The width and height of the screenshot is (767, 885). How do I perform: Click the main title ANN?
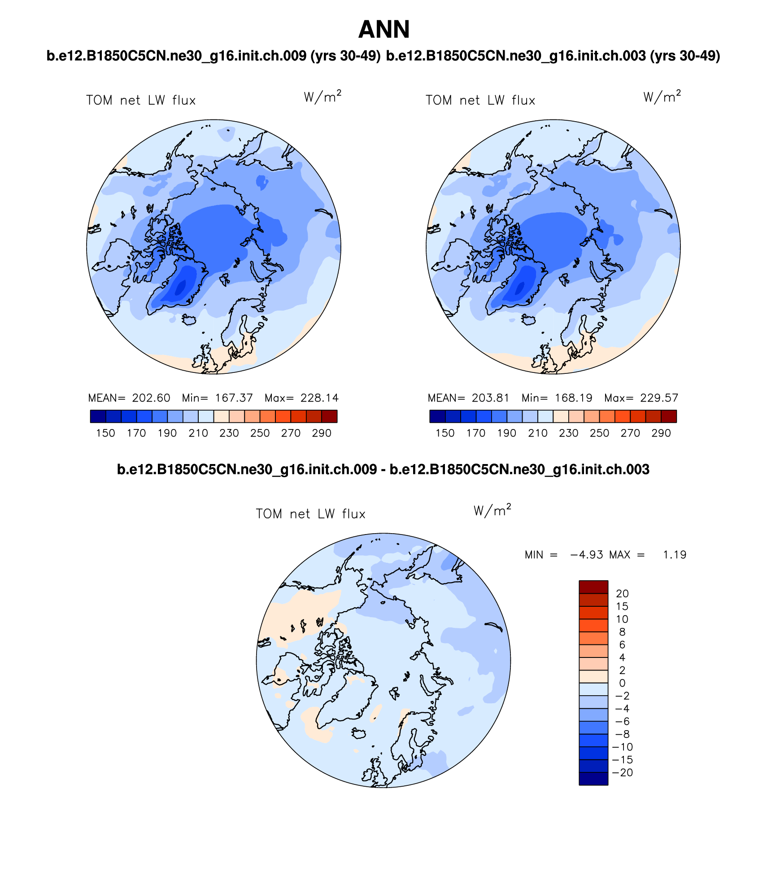click(384, 30)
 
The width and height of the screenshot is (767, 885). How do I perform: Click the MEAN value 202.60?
click(151, 398)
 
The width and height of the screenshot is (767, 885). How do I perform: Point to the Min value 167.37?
click(234, 398)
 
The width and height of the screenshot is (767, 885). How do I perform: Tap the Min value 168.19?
click(573, 398)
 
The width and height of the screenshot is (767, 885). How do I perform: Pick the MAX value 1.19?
click(675, 555)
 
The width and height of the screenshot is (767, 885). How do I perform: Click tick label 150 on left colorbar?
click(105, 433)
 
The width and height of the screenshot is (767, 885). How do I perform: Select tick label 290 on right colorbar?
click(661, 433)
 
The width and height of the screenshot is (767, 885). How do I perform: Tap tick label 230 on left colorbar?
click(229, 433)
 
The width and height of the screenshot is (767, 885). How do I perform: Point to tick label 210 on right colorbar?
click(538, 433)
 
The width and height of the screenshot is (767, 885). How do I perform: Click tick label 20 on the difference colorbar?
click(622, 593)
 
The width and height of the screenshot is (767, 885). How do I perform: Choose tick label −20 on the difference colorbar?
click(623, 772)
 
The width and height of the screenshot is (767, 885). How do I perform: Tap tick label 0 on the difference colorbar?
click(622, 683)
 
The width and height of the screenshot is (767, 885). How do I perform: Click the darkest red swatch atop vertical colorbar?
click(593, 587)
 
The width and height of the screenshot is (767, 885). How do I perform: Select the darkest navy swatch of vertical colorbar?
click(593, 779)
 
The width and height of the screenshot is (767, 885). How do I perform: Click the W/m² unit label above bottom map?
click(492, 510)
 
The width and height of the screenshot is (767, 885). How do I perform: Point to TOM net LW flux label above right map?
click(480, 101)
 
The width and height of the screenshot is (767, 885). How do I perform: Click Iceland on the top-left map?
click(189, 320)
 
